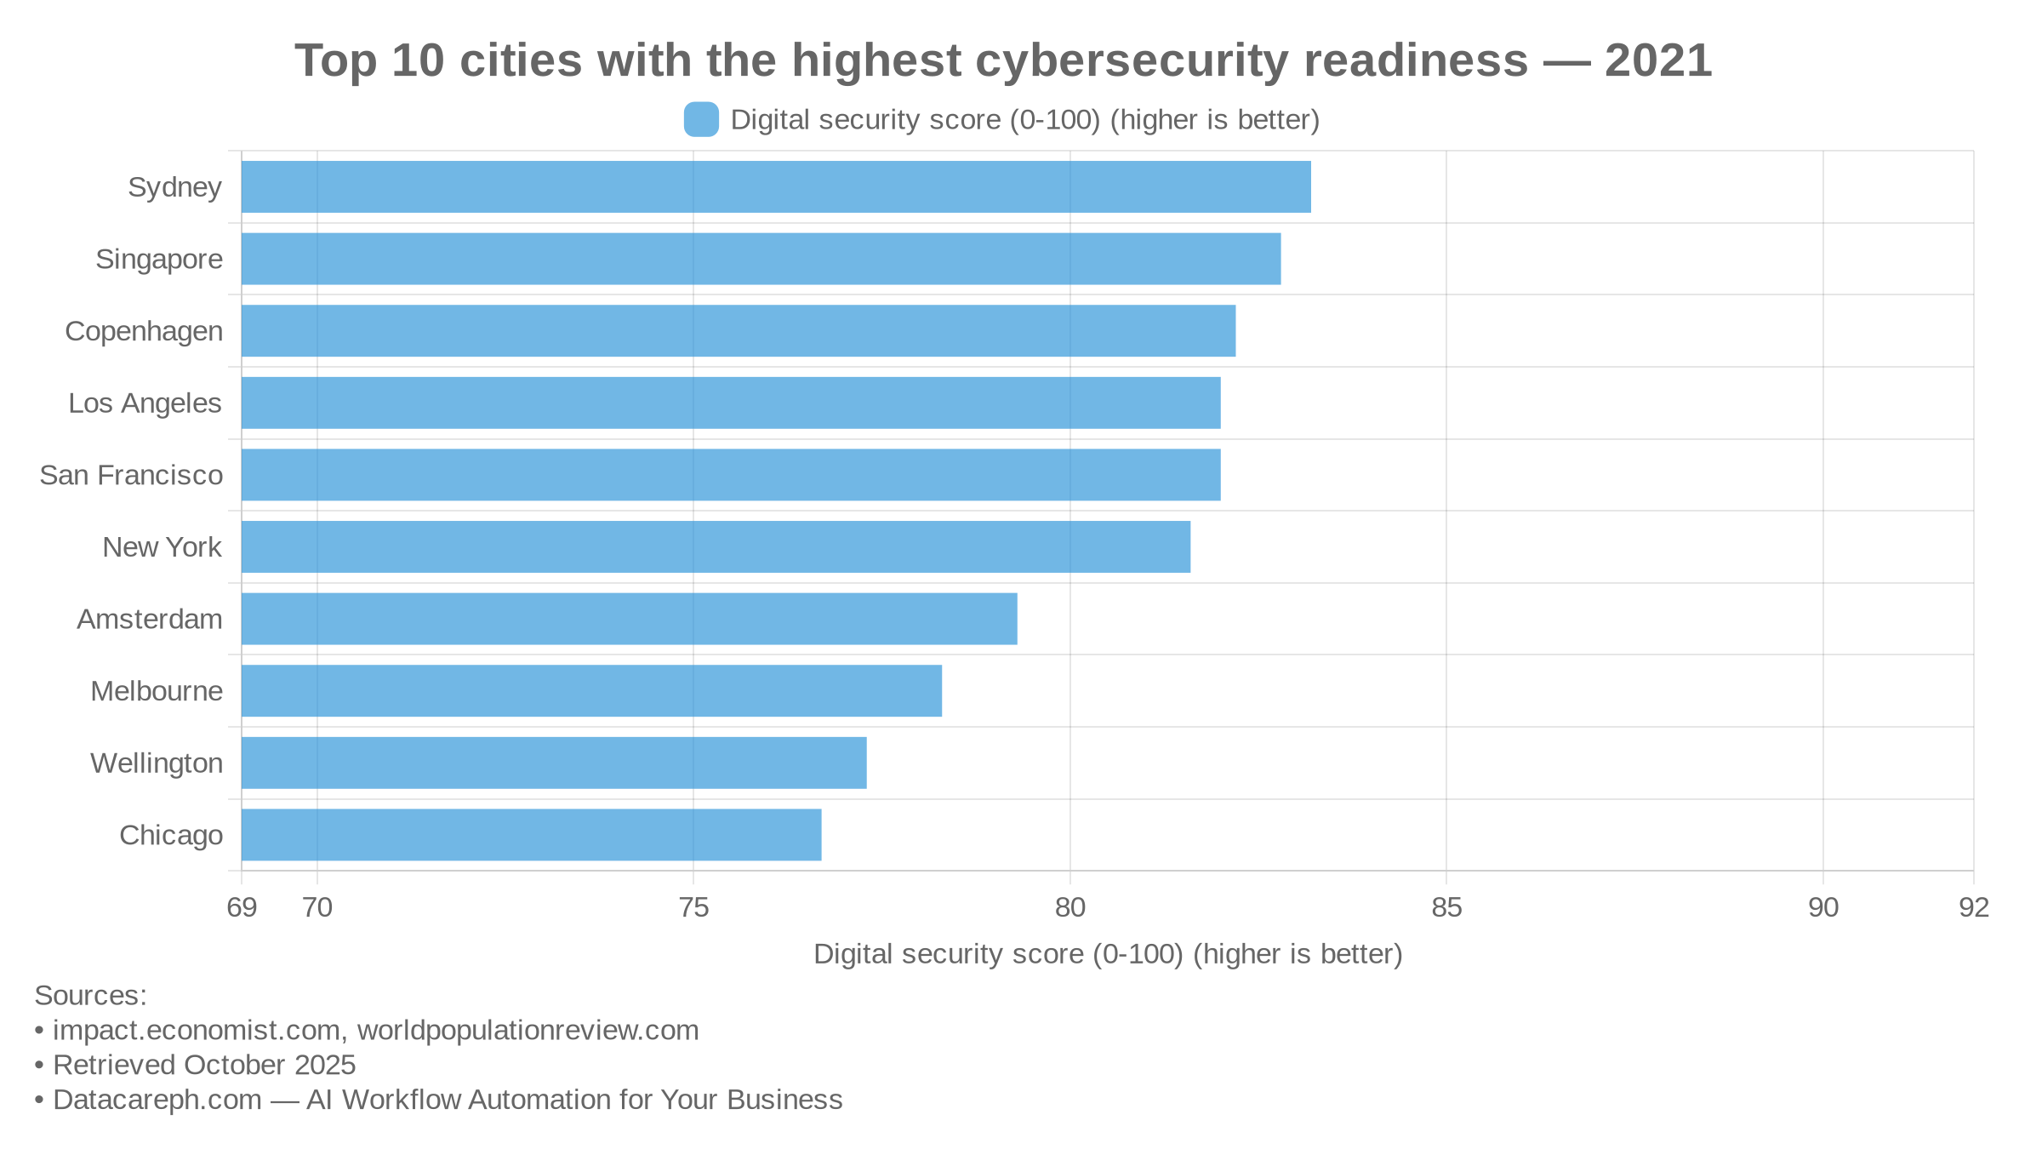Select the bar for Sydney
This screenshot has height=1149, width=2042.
776,186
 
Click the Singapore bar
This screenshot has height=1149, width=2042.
761,259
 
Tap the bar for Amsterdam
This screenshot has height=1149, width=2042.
629,619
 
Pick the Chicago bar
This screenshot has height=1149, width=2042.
531,835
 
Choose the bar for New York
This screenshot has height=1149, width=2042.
716,546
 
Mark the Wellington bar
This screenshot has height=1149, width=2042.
554,763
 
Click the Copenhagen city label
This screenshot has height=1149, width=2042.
144,331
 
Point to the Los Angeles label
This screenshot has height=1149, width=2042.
145,403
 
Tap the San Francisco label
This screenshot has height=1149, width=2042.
131,475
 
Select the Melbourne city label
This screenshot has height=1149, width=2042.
157,691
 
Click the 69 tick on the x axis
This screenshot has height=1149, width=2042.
242,907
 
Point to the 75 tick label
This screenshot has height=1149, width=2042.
693,907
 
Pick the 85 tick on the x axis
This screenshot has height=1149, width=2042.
1446,907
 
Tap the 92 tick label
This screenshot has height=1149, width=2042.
1974,907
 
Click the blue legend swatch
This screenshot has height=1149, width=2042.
701,119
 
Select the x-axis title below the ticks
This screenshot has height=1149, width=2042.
1108,954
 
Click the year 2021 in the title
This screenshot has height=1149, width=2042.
1657,61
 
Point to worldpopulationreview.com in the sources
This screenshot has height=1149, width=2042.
528,1030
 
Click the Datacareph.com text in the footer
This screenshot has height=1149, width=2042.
157,1100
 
